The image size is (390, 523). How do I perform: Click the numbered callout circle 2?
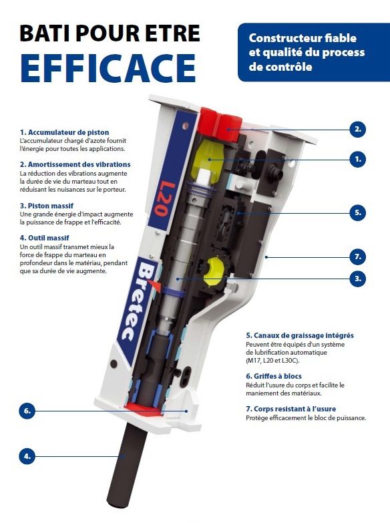pyautogui.click(x=358, y=130)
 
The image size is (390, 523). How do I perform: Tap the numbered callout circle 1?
pyautogui.click(x=358, y=160)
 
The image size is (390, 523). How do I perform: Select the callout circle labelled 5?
pyautogui.click(x=358, y=213)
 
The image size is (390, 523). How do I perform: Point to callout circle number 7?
pyautogui.click(x=358, y=257)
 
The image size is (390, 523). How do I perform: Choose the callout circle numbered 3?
pyautogui.click(x=358, y=279)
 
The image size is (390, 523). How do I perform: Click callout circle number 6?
pyautogui.click(x=27, y=411)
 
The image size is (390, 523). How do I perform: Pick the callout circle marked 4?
pyautogui.click(x=27, y=456)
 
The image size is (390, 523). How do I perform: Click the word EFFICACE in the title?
pyautogui.click(x=108, y=68)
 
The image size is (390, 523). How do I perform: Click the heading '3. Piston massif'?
pyautogui.click(x=46, y=206)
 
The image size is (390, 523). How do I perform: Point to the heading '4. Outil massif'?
pyautogui.click(x=44, y=238)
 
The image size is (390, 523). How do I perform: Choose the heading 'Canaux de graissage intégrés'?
pyautogui.click(x=304, y=335)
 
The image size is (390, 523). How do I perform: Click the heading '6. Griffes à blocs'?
pyautogui.click(x=274, y=376)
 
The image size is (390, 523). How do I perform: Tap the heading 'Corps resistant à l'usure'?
pyautogui.click(x=295, y=409)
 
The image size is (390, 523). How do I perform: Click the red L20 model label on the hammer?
pyautogui.click(x=165, y=199)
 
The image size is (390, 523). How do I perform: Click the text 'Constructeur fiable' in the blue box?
pyautogui.click(x=303, y=38)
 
